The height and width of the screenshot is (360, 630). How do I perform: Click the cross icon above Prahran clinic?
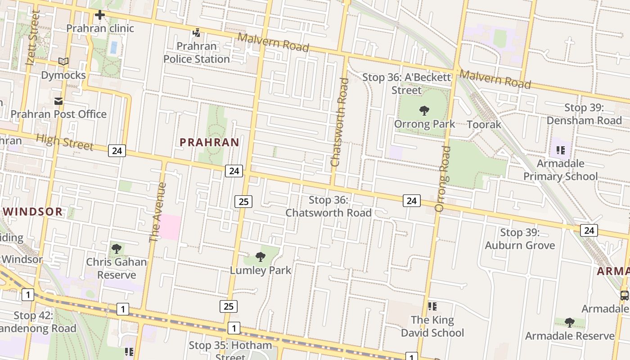[100, 15]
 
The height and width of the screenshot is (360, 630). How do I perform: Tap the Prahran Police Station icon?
[197, 32]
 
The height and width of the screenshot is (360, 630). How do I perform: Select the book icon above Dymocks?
[63, 62]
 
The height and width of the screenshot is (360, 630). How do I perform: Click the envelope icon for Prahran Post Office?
[58, 101]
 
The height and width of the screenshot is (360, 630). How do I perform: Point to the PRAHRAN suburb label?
[209, 142]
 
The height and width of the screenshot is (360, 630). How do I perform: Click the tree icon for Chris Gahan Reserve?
[117, 248]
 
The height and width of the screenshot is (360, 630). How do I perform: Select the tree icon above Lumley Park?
[260, 257]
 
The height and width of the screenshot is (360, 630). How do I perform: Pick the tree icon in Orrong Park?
[424, 110]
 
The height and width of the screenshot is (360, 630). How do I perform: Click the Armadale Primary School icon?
[560, 150]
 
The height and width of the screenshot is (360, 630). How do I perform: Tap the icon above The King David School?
[432, 306]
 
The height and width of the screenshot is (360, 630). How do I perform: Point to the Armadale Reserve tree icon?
[569, 322]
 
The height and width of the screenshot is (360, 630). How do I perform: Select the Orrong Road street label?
[443, 179]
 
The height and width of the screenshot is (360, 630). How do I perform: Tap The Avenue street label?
[157, 212]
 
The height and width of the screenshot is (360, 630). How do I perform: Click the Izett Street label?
[33, 38]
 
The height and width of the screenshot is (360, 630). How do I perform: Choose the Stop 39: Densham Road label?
[584, 114]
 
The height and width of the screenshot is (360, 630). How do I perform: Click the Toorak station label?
[484, 124]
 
